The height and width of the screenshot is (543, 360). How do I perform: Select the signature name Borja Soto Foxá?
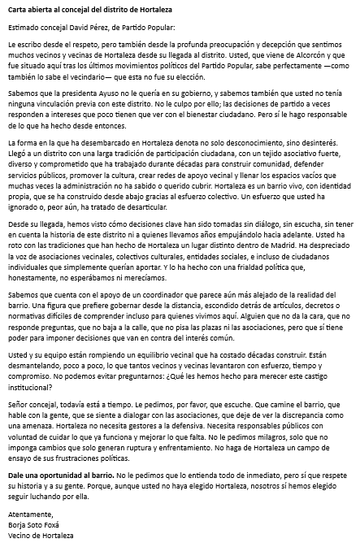[x=37, y=527]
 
